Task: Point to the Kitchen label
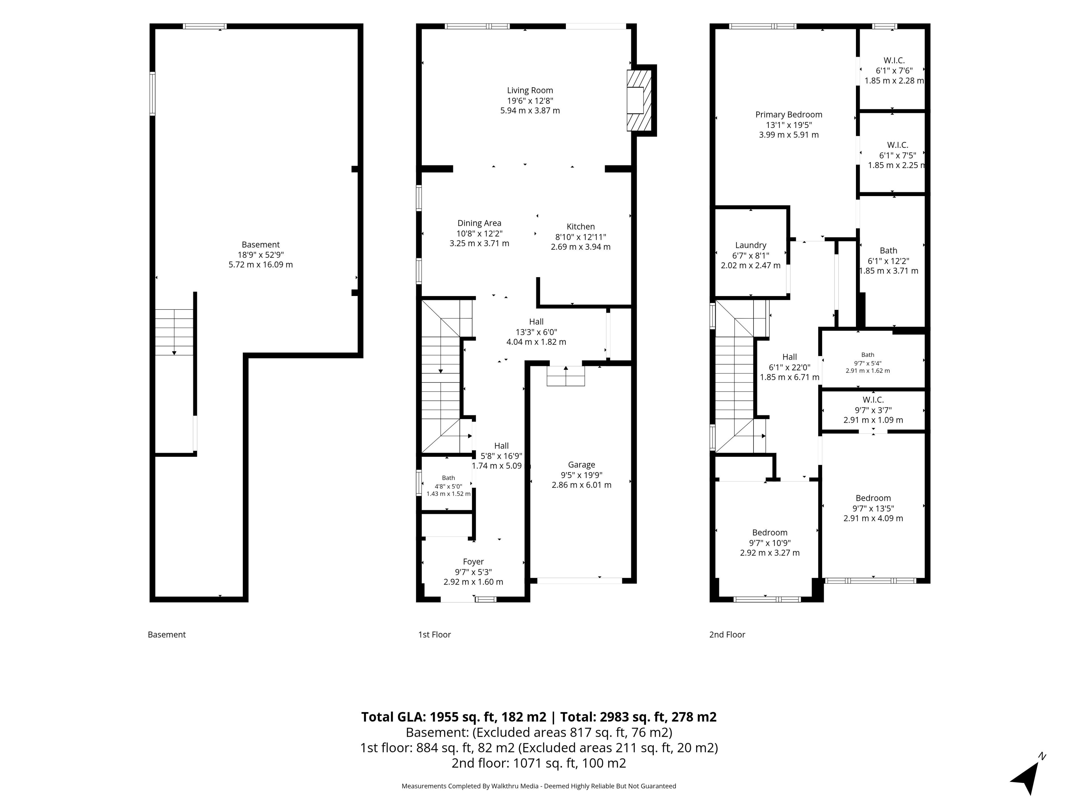point(581,226)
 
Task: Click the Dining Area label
point(479,223)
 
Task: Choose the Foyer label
point(473,562)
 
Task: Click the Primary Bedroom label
point(789,114)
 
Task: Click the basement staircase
point(174,333)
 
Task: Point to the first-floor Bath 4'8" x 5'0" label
point(448,478)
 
